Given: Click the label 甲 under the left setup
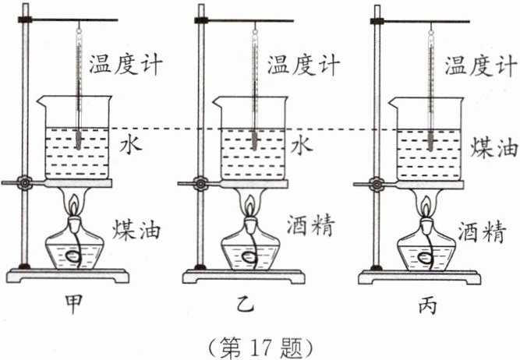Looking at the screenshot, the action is [x=73, y=304].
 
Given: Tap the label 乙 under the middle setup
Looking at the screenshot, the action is [x=245, y=304].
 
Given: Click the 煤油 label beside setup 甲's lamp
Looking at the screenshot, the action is [x=136, y=229].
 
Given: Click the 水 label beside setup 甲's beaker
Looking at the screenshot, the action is [x=131, y=145].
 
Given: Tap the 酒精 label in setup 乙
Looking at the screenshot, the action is [x=311, y=225].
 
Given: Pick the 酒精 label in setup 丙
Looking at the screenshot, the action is [x=483, y=231].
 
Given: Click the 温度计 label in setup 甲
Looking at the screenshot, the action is [x=126, y=65].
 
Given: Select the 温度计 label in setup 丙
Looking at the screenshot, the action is [x=481, y=65].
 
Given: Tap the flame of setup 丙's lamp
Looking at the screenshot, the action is [x=426, y=206].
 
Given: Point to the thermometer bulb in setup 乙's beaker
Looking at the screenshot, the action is [x=254, y=140].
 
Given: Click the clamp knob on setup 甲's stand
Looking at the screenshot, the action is [x=24, y=182].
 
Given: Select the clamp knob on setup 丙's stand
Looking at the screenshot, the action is [x=377, y=184].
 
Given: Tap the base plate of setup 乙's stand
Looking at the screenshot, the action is [x=243, y=276].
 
